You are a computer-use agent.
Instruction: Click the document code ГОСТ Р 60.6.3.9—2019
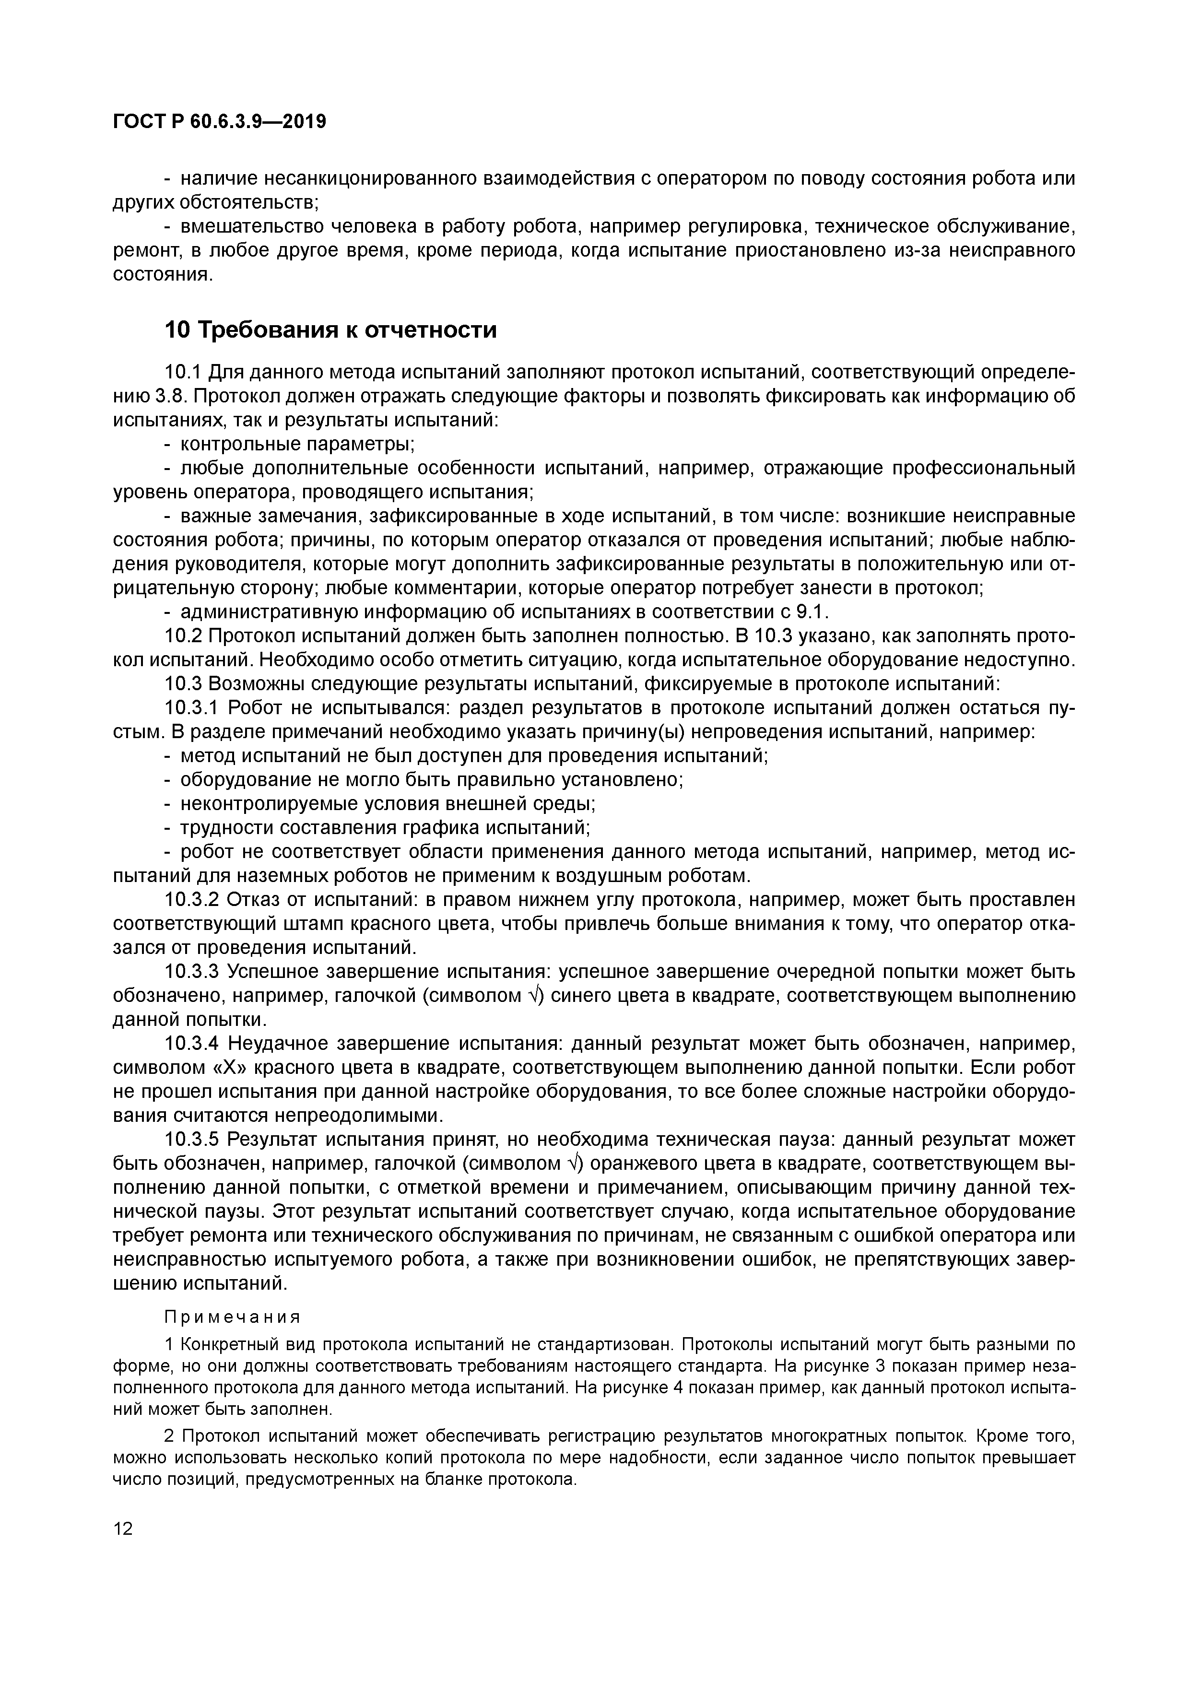point(220,122)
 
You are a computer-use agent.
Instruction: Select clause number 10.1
point(183,372)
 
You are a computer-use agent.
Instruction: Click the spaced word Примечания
point(232,1317)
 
